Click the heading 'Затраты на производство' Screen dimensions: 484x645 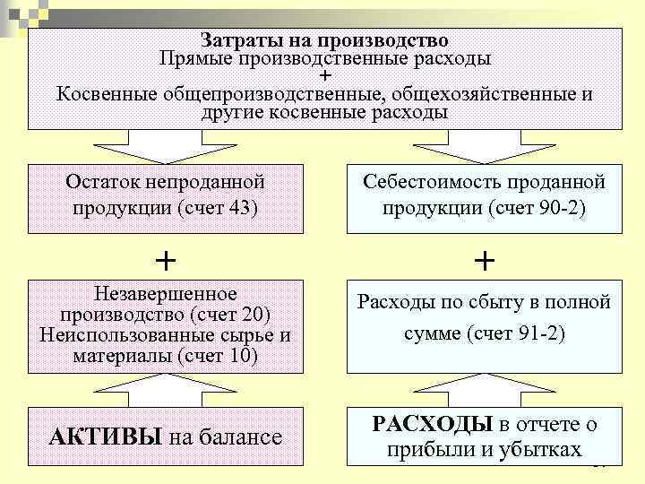click(324, 40)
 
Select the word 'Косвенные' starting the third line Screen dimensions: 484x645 click(106, 95)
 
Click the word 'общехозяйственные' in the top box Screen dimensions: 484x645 click(477, 95)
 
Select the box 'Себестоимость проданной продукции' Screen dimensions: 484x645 click(484, 194)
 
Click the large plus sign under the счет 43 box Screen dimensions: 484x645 click(165, 260)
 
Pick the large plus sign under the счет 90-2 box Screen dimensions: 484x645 click(484, 260)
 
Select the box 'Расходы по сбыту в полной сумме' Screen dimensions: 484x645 click(484, 318)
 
